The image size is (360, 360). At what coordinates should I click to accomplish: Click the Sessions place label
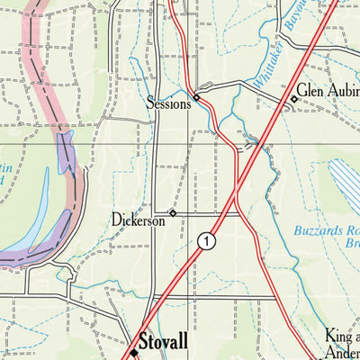click(168, 104)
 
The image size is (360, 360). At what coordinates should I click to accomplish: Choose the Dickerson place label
click(139, 219)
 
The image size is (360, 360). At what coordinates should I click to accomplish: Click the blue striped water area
click(346, 185)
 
